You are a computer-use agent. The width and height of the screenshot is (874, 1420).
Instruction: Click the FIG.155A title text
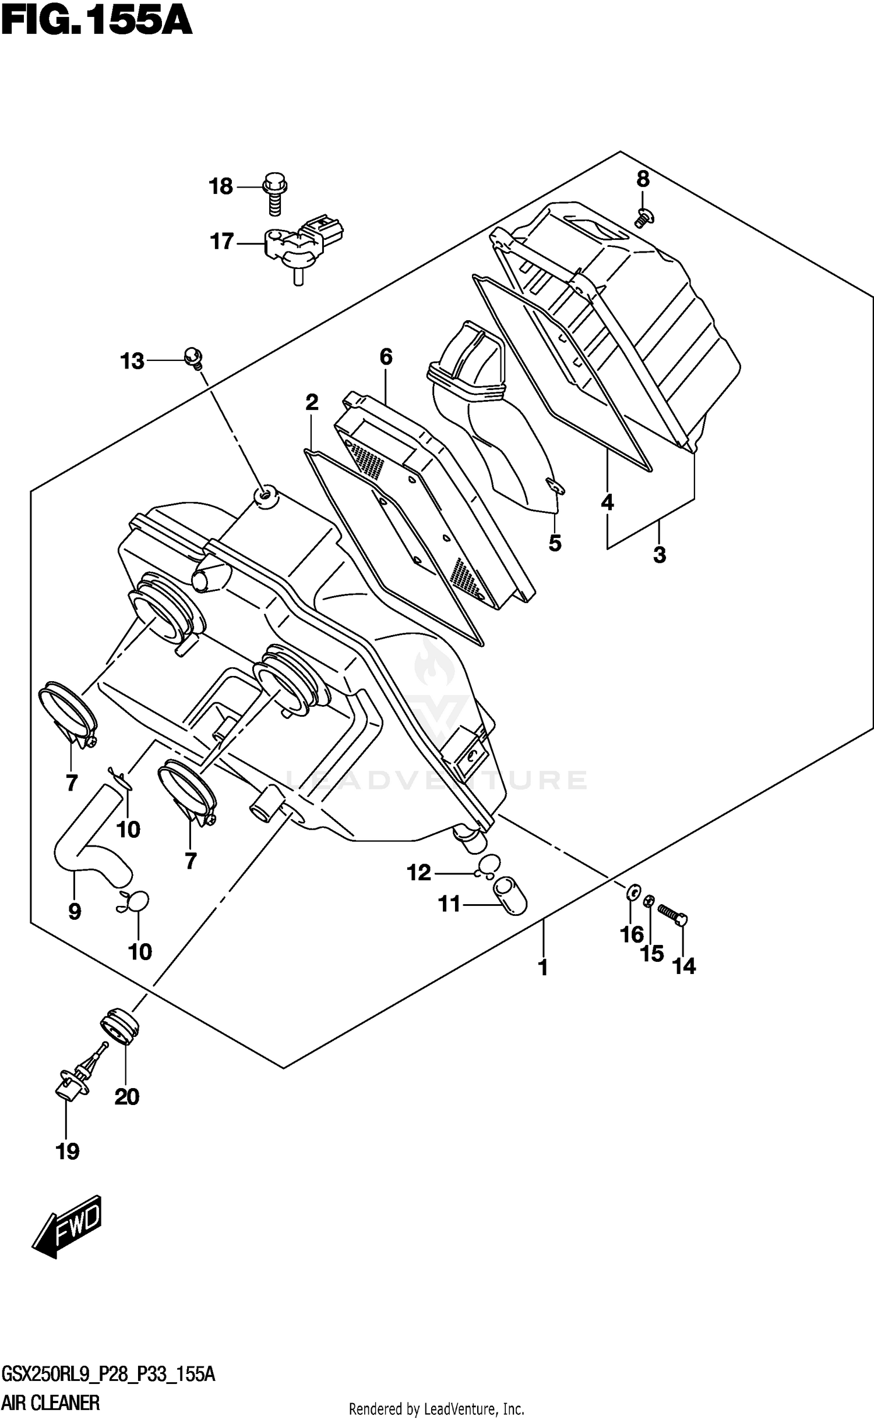[x=96, y=22]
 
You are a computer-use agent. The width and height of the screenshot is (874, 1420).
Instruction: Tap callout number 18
[x=221, y=187]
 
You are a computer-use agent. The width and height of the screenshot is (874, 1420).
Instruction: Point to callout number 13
[x=132, y=361]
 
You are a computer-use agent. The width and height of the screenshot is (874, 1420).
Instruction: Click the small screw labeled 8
[x=644, y=218]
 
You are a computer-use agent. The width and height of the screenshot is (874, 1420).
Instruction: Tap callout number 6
[x=386, y=356]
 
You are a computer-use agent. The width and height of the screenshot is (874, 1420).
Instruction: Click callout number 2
[x=312, y=402]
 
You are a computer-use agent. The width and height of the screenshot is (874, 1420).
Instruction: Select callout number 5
[x=555, y=543]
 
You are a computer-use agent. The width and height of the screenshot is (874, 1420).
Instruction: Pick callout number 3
[x=659, y=555]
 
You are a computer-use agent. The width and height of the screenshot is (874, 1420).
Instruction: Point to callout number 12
[x=418, y=872]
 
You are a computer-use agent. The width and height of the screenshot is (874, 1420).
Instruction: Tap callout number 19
[x=67, y=1151]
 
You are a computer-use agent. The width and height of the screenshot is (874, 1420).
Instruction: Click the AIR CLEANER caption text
[x=51, y=1403]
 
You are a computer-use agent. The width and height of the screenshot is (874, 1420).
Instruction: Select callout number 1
[x=542, y=968]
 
